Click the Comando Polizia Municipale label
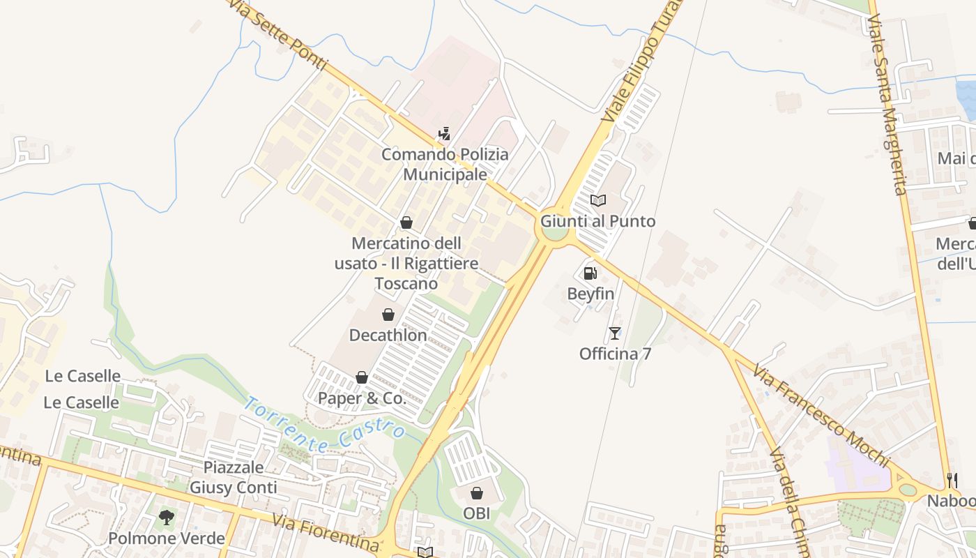click(445, 165)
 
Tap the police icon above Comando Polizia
click(444, 134)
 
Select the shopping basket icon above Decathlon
click(388, 315)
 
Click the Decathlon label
click(388, 335)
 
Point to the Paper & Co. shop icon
click(362, 378)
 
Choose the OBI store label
click(477, 513)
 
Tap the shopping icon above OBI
click(477, 494)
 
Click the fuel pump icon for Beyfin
click(590, 273)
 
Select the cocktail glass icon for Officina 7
click(614, 333)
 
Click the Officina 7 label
click(615, 354)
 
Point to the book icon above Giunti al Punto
click(598, 201)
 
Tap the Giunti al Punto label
click(598, 221)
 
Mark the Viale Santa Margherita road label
click(886, 105)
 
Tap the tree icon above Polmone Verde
click(166, 518)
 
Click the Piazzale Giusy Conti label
click(233, 477)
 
